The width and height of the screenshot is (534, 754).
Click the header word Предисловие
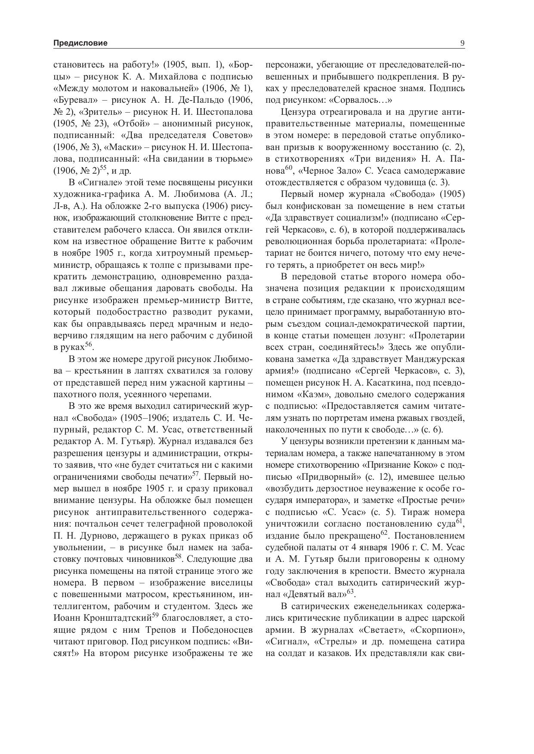click(80, 43)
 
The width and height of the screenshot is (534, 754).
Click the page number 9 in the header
click(463, 43)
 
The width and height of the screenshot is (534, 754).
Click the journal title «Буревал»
click(72, 100)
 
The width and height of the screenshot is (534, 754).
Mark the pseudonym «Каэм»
click(313, 394)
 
